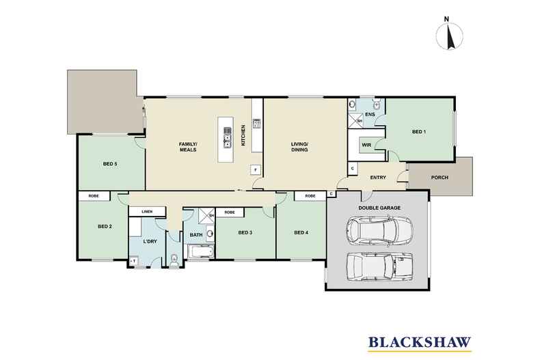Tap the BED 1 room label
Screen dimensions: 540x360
pyautogui.click(x=419, y=132)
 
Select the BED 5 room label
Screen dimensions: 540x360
pyautogui.click(x=110, y=164)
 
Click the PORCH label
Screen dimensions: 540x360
pyautogui.click(x=440, y=178)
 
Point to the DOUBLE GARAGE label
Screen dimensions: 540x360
pyautogui.click(x=379, y=208)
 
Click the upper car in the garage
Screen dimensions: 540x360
pyautogui.click(x=379, y=231)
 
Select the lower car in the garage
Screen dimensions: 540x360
pyautogui.click(x=379, y=266)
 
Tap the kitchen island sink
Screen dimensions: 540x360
pyautogui.click(x=227, y=137)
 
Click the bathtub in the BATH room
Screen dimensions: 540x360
pyautogui.click(x=200, y=251)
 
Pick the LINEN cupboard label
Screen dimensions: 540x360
pyautogui.click(x=147, y=212)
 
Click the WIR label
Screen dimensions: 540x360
pyautogui.click(x=366, y=145)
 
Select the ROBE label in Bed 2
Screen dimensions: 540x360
pyautogui.click(x=94, y=196)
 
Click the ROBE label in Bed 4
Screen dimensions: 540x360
pyautogui.click(x=310, y=196)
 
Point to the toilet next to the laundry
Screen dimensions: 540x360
pyautogui.click(x=174, y=260)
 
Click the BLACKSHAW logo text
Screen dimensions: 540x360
pyautogui.click(x=420, y=342)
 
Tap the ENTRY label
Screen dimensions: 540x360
pyautogui.click(x=378, y=178)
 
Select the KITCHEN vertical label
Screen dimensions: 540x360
pyautogui.click(x=243, y=135)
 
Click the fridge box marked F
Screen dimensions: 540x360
pyautogui.click(x=255, y=169)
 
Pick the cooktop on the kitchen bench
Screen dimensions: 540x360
pyautogui.click(x=256, y=123)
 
